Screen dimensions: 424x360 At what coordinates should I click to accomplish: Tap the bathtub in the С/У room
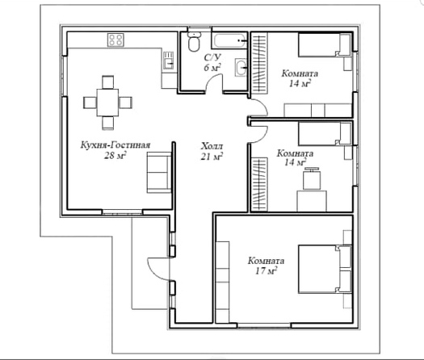[229, 40]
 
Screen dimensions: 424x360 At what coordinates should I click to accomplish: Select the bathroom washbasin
[241, 67]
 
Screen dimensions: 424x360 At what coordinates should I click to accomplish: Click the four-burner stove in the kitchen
[115, 40]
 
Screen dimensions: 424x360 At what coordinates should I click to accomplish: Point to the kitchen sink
[168, 60]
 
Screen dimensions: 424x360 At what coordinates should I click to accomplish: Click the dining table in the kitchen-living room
[107, 103]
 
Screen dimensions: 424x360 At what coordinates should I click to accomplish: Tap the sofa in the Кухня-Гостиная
[159, 172]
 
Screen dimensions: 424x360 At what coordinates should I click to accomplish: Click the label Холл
[212, 146]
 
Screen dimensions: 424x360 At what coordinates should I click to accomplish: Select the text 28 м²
[115, 156]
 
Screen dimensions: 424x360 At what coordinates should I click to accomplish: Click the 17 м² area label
[266, 270]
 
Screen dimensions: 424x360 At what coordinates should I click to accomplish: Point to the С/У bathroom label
[212, 57]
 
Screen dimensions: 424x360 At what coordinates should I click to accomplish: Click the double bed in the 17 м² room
[325, 269]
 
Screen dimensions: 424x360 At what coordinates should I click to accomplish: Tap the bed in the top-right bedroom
[325, 44]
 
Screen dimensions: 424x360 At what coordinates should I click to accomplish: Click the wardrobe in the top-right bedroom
[259, 63]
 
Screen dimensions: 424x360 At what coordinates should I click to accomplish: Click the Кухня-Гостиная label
[115, 145]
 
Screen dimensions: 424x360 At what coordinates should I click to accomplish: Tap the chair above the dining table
[108, 82]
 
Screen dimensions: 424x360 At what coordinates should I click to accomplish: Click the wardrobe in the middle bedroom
[259, 184]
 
